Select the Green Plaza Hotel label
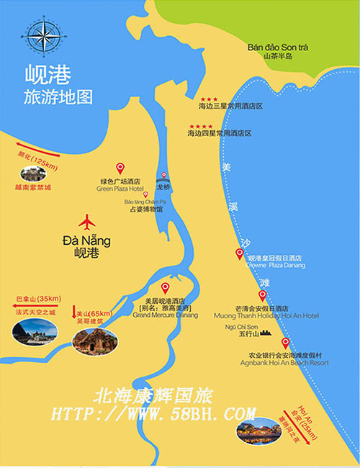point(120,189)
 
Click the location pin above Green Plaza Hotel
point(120,168)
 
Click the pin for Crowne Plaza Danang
point(240,253)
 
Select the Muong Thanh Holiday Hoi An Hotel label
point(266,315)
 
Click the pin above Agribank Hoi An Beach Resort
point(285,343)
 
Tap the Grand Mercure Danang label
point(165,315)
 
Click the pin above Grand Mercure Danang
point(165,288)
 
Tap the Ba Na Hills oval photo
point(35,330)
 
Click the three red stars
point(210,99)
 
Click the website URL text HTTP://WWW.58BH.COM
point(153,413)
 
